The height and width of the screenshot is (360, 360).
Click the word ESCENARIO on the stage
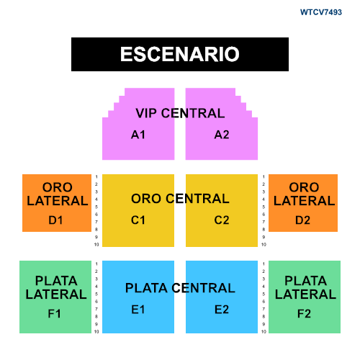tap(180, 54)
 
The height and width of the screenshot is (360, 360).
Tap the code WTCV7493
tap(321, 12)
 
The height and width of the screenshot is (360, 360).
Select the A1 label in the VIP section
tap(138, 135)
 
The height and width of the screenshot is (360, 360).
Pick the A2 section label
tap(222, 135)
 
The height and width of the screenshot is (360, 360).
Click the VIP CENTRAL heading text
tap(180, 113)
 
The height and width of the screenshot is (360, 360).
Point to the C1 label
tap(138, 220)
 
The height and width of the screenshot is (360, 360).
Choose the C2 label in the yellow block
tap(222, 220)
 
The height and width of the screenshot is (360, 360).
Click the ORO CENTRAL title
tap(180, 199)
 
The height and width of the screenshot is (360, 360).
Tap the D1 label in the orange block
tap(55, 220)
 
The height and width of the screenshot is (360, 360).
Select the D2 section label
tap(302, 220)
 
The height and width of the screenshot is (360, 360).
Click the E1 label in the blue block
tap(138, 310)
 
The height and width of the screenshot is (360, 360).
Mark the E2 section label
tap(222, 310)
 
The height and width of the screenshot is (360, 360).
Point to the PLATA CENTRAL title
tap(180, 288)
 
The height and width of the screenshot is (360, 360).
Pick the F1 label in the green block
tap(54, 314)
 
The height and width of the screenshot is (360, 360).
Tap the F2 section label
tap(304, 314)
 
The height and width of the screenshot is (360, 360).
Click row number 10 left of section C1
tap(96, 245)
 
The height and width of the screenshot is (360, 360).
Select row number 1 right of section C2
tap(264, 176)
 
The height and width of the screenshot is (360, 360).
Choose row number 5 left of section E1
tap(96, 294)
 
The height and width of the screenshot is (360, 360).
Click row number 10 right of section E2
tap(264, 332)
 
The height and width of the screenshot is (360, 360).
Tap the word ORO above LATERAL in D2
tap(304, 187)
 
